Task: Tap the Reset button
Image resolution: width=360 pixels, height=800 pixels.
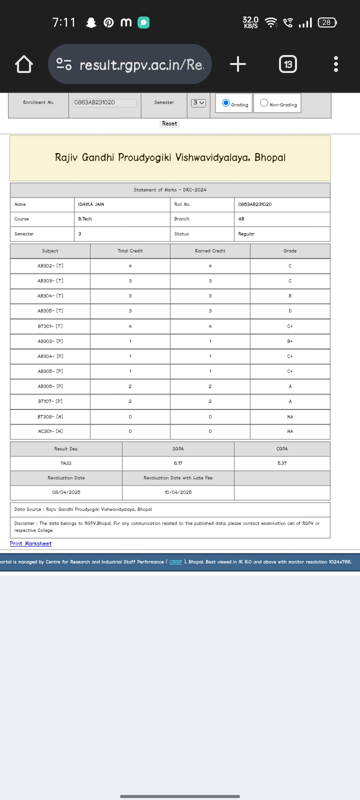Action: pos(169,123)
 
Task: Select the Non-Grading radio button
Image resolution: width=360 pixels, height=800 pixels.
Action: pos(264,103)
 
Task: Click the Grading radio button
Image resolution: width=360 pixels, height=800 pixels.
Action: pos(226,103)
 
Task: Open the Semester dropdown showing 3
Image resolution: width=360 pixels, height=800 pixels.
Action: pos(198,102)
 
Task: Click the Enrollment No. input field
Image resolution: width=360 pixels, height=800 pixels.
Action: pos(105,102)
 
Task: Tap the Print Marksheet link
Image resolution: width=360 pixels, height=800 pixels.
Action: pos(30,543)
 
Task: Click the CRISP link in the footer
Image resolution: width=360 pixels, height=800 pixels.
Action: pos(175,562)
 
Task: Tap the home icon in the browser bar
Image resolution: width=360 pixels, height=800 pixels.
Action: pos(24,64)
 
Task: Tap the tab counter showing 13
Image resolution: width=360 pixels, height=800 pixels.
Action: pos(288,64)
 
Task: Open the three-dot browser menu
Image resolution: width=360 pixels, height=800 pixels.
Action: pos(336,64)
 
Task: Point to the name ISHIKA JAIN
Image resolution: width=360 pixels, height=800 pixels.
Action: pos(91,204)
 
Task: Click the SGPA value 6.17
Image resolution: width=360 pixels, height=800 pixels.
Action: pos(178,463)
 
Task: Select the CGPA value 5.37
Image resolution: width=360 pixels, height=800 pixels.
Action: pos(282,463)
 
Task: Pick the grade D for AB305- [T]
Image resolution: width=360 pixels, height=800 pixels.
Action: pos(290,311)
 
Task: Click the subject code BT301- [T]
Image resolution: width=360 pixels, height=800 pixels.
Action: pos(50,326)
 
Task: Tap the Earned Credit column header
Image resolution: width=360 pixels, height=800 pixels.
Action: pos(210,251)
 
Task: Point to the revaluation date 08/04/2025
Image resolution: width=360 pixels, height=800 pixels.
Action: pos(66,492)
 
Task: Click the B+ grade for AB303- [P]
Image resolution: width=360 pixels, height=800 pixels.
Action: pos(290,341)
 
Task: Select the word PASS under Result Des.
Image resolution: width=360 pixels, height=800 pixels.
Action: pos(66,463)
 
